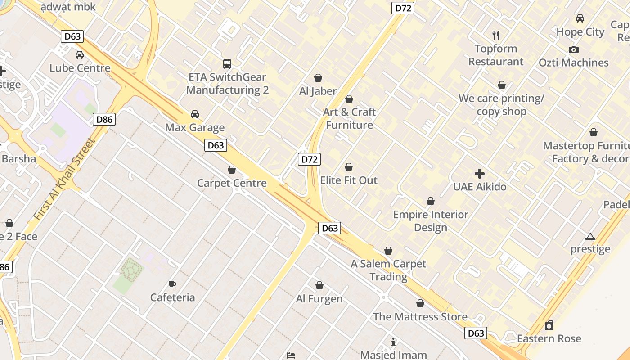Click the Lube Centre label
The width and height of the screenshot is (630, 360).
tap(80, 68)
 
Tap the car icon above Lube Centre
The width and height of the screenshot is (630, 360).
tap(80, 55)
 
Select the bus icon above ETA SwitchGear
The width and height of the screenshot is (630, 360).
tap(227, 64)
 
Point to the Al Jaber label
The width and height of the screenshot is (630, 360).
tap(318, 91)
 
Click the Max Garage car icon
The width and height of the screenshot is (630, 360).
tap(195, 114)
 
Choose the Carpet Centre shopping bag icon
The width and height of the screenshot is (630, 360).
tap(232, 170)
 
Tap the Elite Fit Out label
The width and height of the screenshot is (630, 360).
tap(349, 180)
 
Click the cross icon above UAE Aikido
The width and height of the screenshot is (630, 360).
tap(480, 174)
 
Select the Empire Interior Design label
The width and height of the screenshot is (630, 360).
tap(431, 221)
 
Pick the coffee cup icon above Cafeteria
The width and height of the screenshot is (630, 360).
tap(172, 284)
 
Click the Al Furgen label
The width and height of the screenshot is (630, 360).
tap(319, 299)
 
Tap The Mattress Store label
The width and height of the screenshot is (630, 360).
tap(420, 317)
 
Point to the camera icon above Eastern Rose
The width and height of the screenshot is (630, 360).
tap(549, 325)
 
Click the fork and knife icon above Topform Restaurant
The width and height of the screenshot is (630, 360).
tap(496, 36)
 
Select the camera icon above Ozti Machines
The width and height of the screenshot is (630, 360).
tap(574, 49)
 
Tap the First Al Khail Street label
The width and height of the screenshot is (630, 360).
tap(65, 179)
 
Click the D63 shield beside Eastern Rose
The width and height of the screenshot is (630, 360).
tap(476, 333)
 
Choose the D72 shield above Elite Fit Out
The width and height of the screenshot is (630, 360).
tap(310, 159)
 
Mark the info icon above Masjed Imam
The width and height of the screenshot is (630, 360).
tap(393, 342)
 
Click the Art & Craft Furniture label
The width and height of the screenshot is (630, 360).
tap(350, 118)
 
